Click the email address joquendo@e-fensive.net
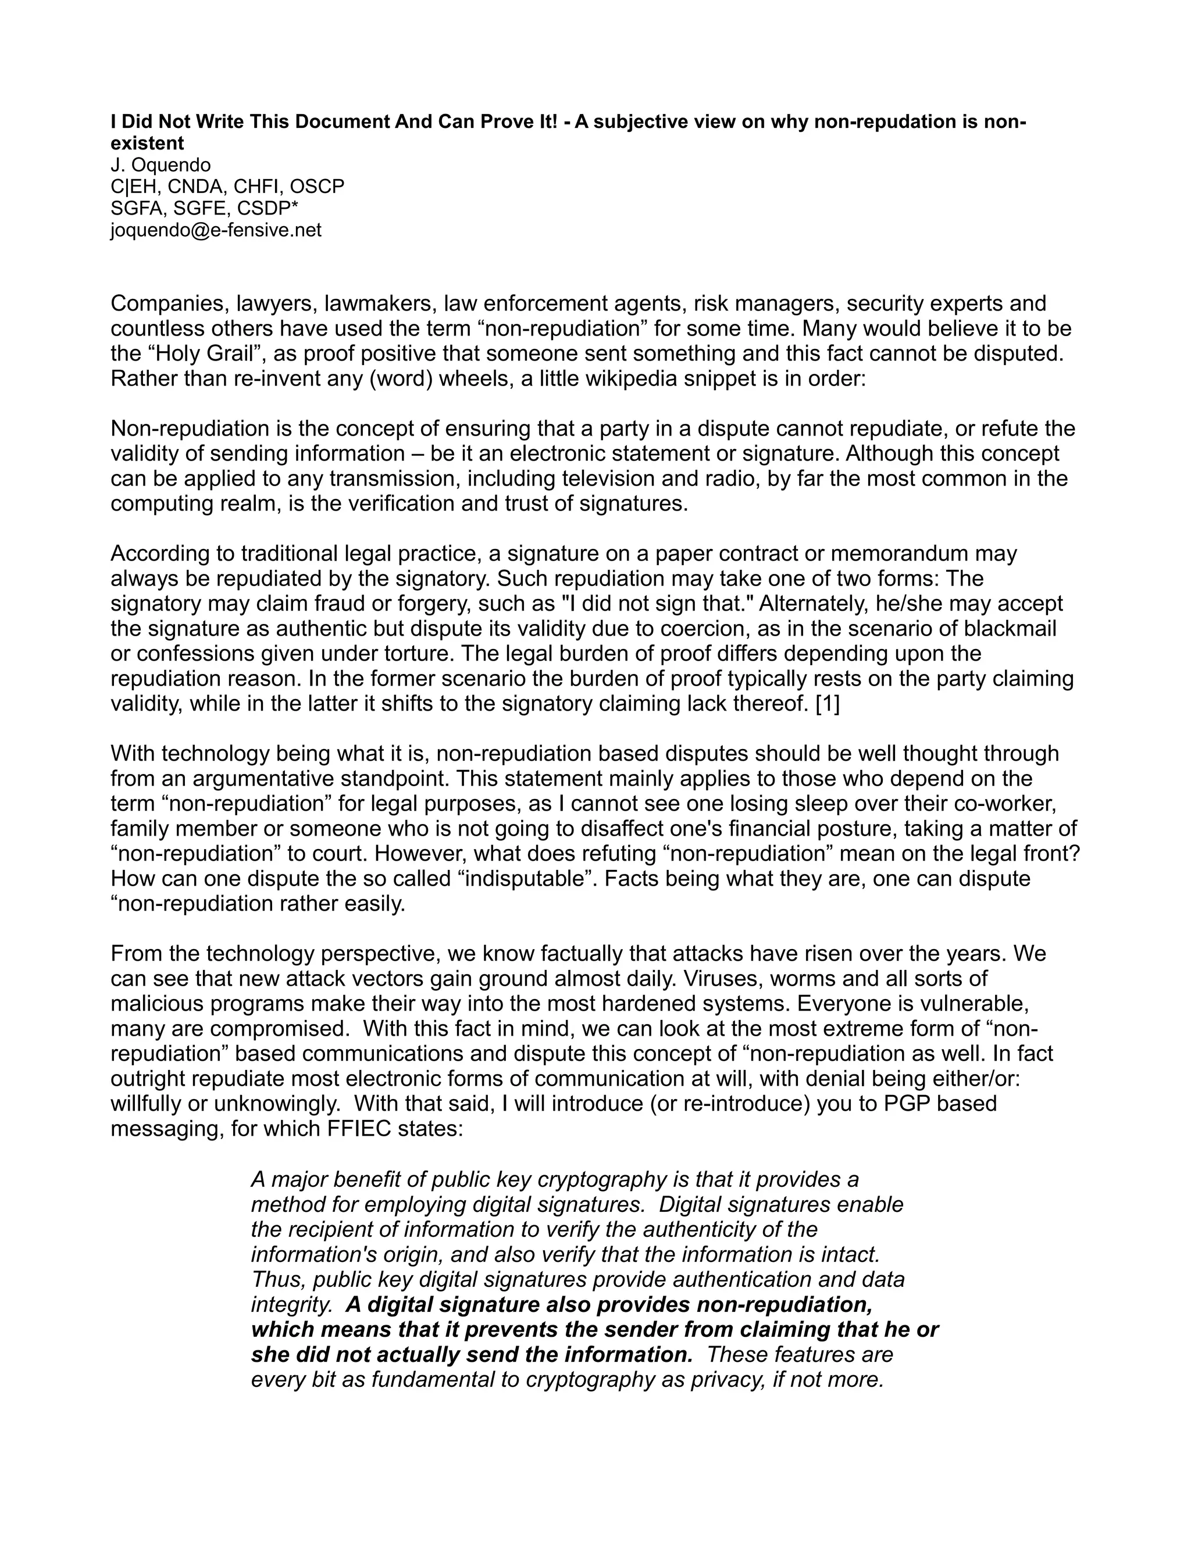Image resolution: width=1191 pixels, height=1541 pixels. [x=216, y=230]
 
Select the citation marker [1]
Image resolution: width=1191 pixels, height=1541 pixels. [x=827, y=704]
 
